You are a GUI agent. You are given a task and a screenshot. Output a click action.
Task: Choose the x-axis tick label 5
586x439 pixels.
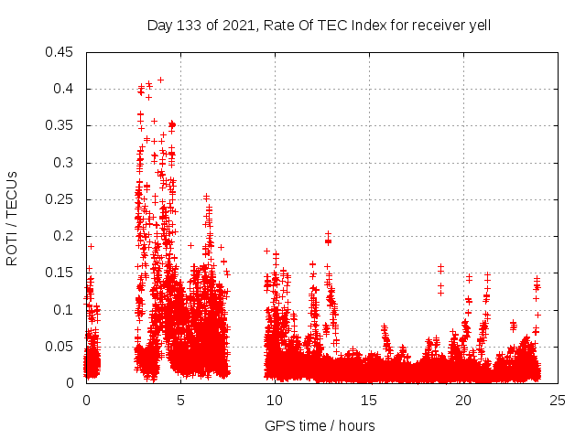point(181,400)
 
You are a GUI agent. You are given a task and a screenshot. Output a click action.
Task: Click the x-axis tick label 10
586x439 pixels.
point(276,400)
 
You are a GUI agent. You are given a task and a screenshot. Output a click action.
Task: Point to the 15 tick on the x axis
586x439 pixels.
point(370,400)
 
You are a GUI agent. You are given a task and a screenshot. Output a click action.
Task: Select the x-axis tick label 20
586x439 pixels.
point(464,400)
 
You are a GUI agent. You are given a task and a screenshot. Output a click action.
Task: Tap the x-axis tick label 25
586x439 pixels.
point(559,400)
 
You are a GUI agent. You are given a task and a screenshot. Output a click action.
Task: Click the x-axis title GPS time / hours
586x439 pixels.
point(320,425)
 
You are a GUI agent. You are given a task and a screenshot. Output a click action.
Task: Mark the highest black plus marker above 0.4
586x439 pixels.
point(160,80)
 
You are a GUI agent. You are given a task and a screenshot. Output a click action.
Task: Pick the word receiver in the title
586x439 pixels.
point(434,26)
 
